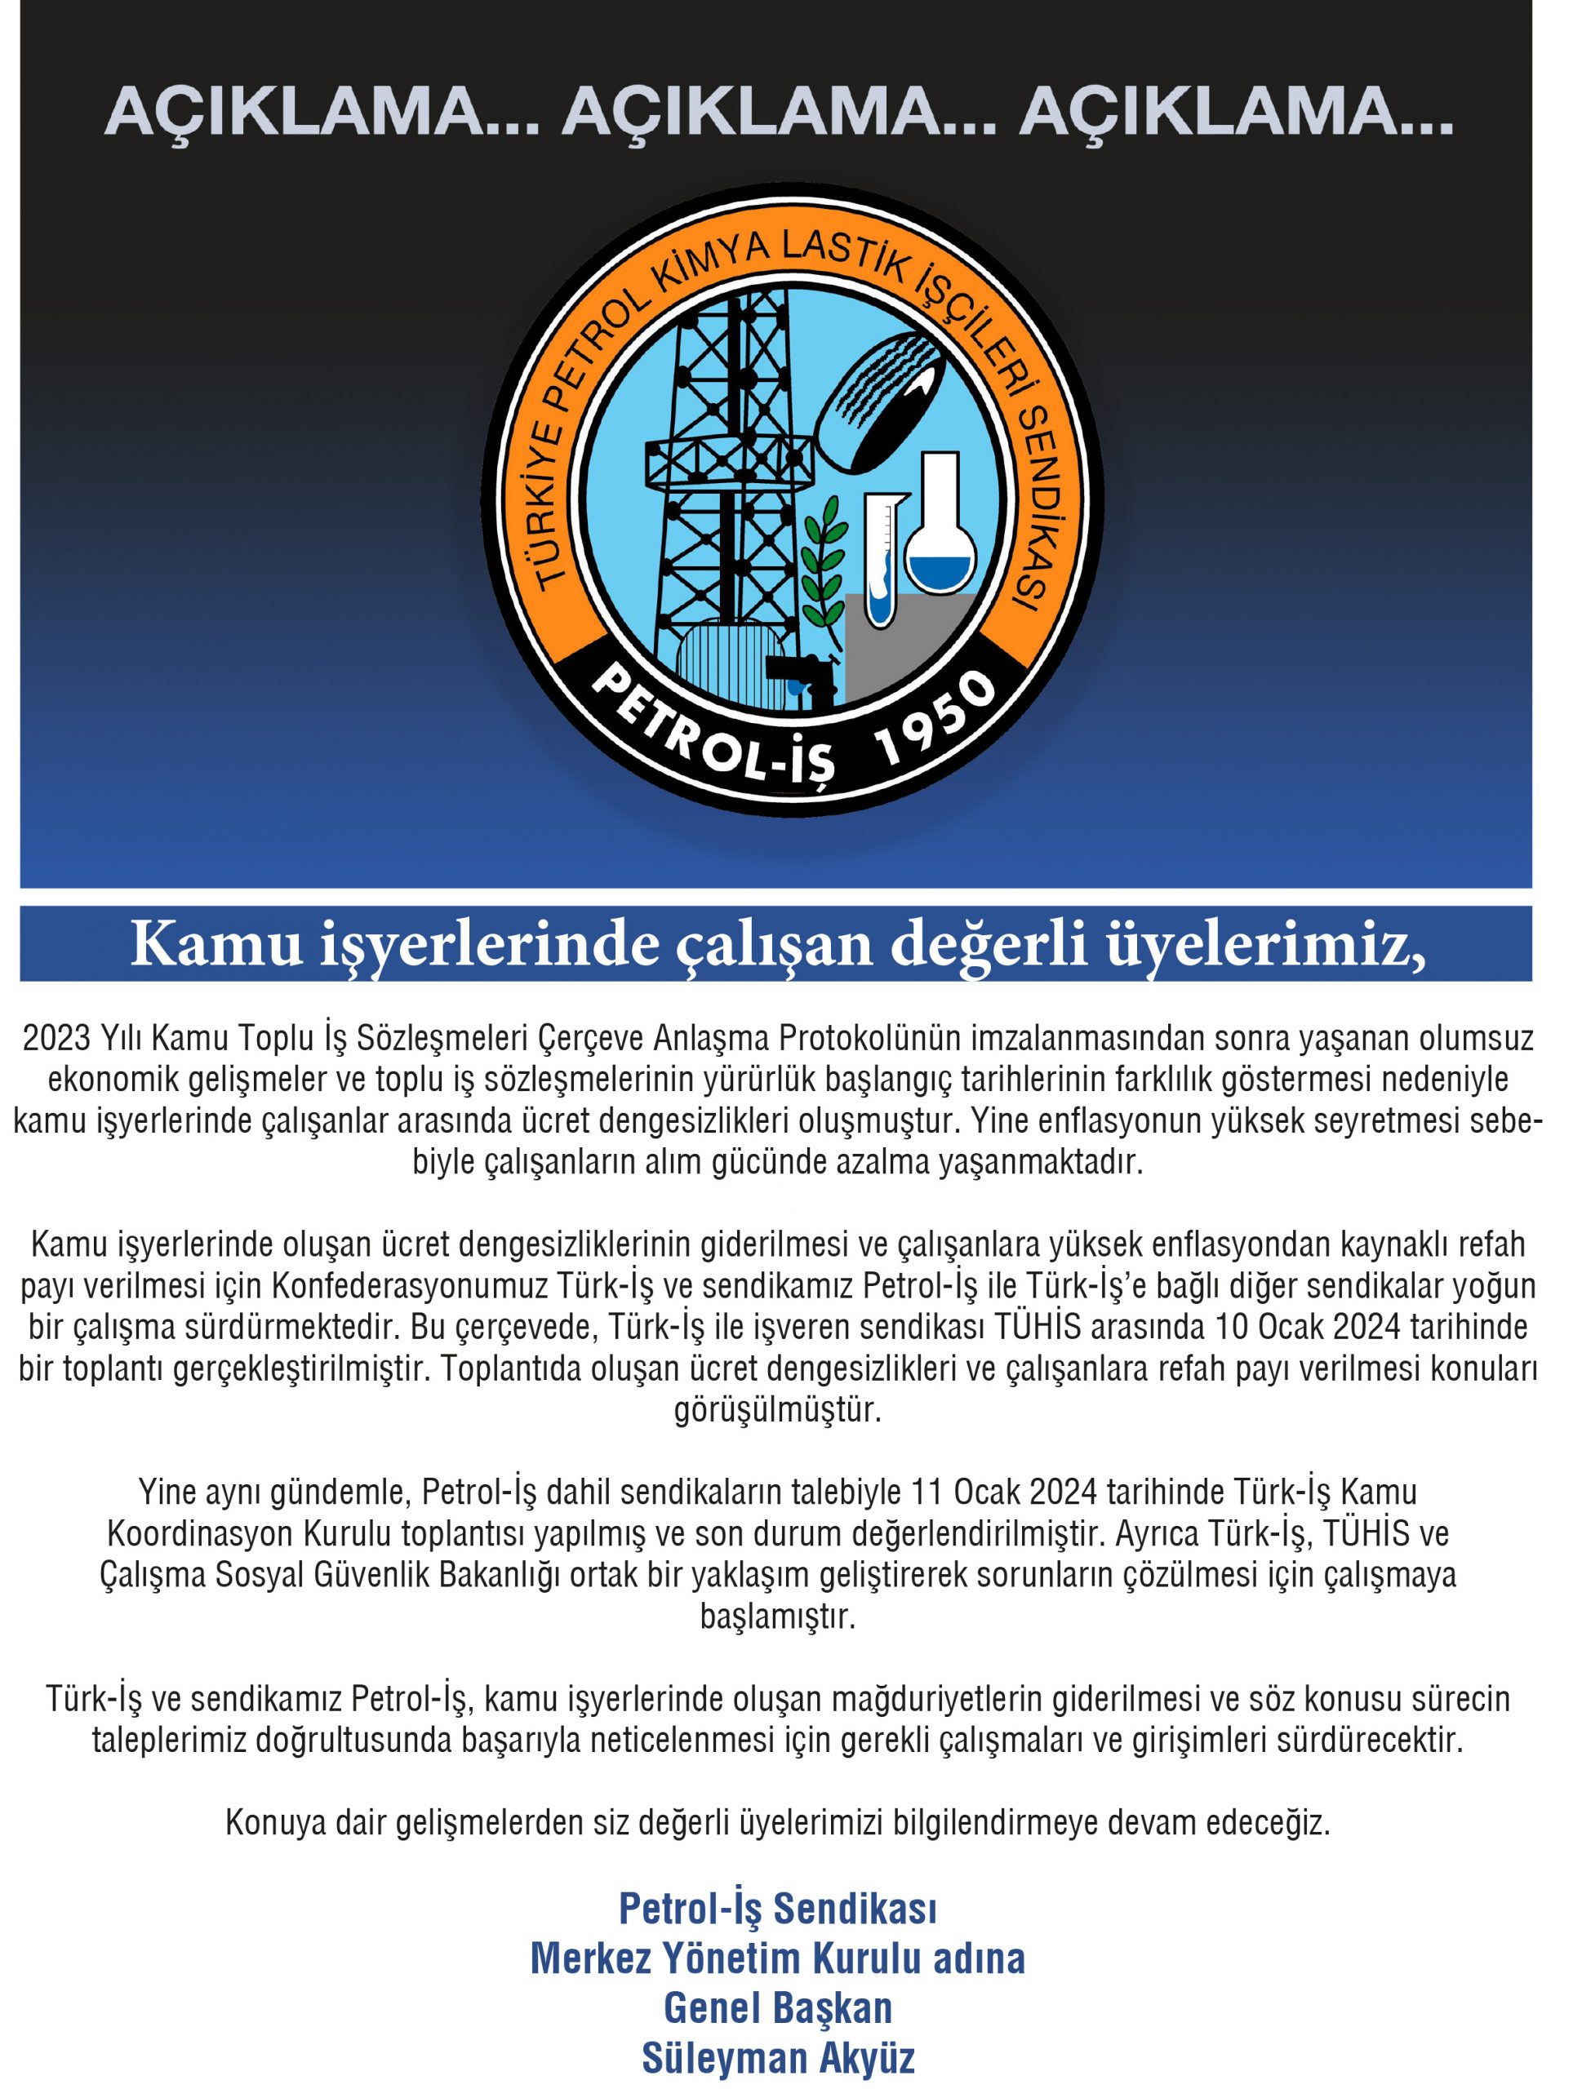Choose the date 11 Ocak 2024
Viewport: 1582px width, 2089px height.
(1005, 1492)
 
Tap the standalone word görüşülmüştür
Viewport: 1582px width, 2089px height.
(777, 1410)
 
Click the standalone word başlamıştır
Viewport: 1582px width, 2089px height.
(777, 1617)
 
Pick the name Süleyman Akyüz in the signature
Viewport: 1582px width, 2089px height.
(777, 2057)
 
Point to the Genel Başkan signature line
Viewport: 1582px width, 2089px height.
(777, 2007)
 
